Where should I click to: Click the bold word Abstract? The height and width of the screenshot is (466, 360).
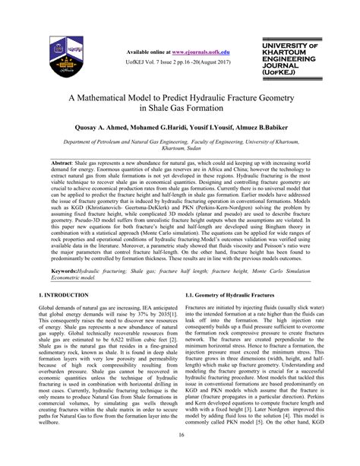63,164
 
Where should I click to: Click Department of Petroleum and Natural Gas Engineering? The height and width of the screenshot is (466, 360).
129,141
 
